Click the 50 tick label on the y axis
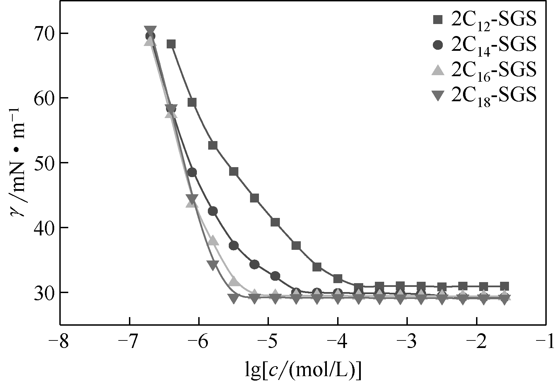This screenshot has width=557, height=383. (x=43, y=163)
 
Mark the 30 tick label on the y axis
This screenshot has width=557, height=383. (x=43, y=293)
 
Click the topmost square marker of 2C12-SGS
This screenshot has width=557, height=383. (x=171, y=44)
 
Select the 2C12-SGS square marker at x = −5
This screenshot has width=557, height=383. (x=275, y=222)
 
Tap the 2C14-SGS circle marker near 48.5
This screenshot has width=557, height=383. (x=192, y=172)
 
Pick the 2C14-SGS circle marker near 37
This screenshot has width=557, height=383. (x=234, y=245)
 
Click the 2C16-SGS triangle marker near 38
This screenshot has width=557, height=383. (x=213, y=241)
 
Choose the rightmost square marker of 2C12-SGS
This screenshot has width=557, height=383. (x=504, y=286)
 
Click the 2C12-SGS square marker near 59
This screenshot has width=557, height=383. (x=192, y=102)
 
